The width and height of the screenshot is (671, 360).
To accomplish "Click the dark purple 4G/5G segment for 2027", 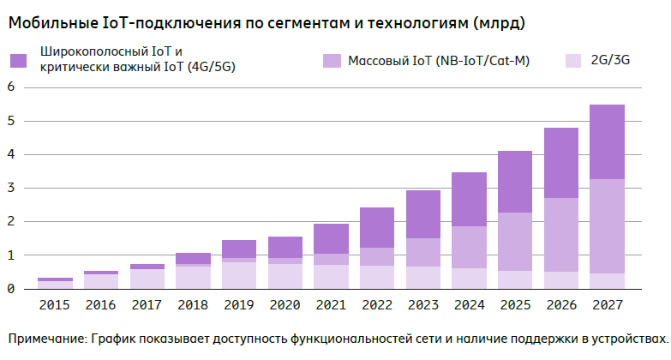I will click(x=607, y=142).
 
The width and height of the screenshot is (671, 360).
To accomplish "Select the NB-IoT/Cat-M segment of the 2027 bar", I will click(x=607, y=226).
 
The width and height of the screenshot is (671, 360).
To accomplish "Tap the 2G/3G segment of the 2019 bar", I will click(x=239, y=275).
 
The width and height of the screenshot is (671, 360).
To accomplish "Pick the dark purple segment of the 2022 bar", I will click(x=376, y=228).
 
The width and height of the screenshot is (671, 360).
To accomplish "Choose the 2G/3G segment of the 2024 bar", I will click(x=469, y=279).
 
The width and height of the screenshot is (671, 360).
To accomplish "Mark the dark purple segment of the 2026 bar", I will click(x=561, y=163).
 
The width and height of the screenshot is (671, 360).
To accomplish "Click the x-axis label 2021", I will click(x=331, y=304).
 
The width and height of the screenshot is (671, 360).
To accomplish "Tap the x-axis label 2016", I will click(x=100, y=304).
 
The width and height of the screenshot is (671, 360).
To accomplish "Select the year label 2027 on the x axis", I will click(x=607, y=304).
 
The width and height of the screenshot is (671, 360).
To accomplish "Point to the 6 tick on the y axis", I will click(x=11, y=87).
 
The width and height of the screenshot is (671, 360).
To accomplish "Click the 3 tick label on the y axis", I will click(x=11, y=188).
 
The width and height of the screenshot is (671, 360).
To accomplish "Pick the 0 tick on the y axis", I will click(x=11, y=289).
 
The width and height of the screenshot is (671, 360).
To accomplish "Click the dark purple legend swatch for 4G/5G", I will click(x=18, y=61).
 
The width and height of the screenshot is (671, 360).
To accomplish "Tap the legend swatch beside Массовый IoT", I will click(x=332, y=61).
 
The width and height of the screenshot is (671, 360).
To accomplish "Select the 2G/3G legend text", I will click(x=610, y=61).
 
